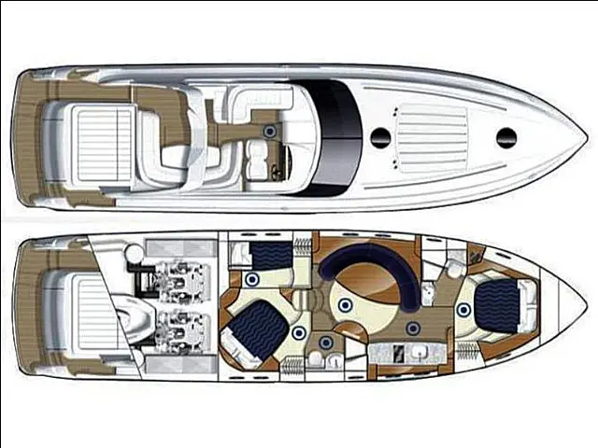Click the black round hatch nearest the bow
click(506, 136)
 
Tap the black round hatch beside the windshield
click(380, 136)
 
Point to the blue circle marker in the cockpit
click(270, 131)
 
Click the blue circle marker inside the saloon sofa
click(344, 304)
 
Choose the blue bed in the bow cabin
click(498, 303)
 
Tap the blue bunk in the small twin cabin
click(272, 253)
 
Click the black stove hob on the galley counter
click(397, 353)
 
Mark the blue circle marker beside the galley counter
click(412, 328)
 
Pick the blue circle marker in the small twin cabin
click(251, 279)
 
